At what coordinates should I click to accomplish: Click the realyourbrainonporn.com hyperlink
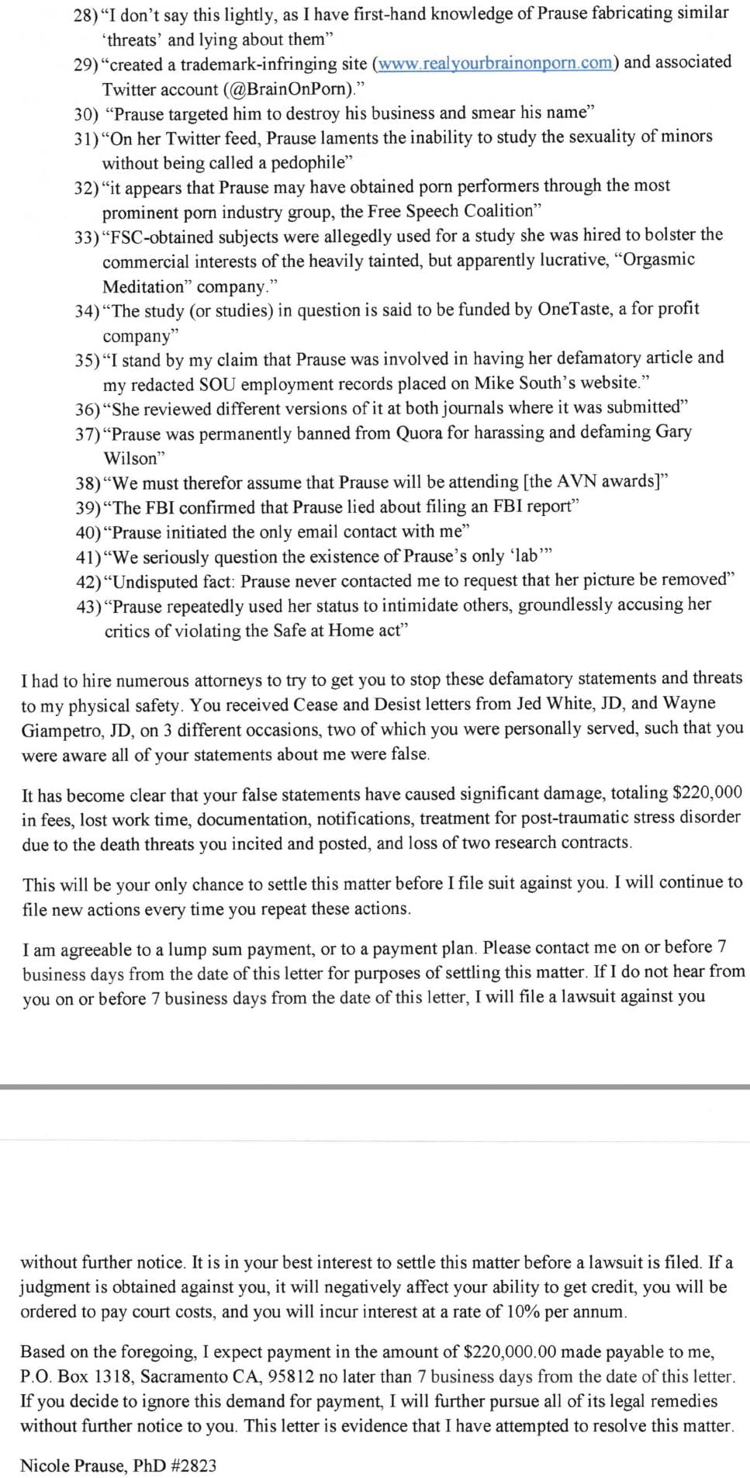click(x=496, y=64)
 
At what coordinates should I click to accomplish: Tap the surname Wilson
click(x=130, y=458)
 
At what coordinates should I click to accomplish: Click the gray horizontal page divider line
click(x=375, y=1087)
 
